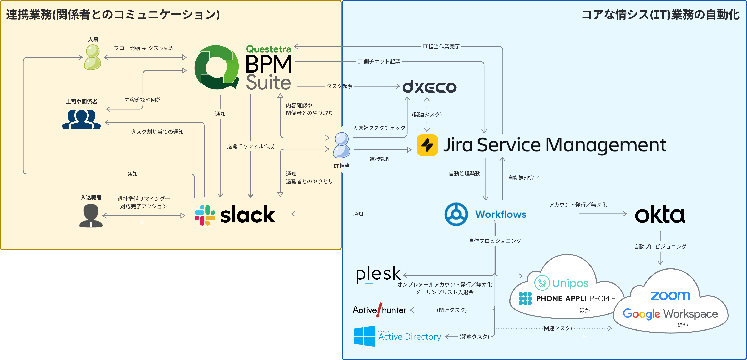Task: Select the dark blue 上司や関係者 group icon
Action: tap(82, 119)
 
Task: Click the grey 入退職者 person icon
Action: tap(91, 216)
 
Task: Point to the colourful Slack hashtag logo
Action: tap(205, 215)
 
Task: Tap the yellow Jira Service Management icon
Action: tap(427, 145)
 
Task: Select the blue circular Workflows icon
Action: tap(456, 214)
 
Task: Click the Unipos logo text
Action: tap(570, 283)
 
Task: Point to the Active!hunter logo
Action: tap(379, 310)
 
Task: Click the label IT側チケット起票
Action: tap(379, 62)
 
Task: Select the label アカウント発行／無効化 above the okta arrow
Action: tap(578, 205)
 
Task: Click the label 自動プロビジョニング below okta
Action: tap(660, 246)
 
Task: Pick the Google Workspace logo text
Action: tap(670, 314)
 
